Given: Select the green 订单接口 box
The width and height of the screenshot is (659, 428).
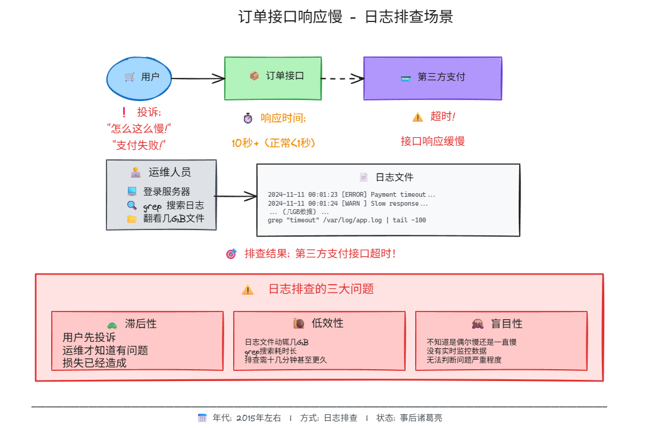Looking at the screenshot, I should point(273,78).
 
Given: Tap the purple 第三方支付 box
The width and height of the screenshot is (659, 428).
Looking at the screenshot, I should point(432,78).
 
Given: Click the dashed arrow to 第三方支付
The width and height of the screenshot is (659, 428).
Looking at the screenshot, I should point(342,78).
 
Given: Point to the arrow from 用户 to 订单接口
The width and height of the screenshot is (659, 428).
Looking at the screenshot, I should point(197,78).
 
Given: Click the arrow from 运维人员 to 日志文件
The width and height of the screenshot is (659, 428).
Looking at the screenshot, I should point(236,196).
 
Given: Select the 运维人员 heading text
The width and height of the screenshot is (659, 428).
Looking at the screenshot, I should point(170,172).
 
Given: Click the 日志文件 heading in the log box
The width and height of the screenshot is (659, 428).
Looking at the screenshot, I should point(394,177).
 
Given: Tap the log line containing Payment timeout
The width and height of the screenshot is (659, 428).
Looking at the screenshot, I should point(352,194).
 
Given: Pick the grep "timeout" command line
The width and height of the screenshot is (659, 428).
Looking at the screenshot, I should point(347,220).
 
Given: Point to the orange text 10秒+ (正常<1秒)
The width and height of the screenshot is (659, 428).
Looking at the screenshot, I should point(273,143).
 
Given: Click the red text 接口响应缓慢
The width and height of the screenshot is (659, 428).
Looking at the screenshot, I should point(432,141).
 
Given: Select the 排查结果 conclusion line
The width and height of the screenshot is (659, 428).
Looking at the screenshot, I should point(319,254).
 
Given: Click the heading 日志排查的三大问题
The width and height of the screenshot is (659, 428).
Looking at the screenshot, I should point(321,289).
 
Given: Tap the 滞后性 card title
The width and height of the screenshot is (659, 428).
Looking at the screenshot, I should point(141,324).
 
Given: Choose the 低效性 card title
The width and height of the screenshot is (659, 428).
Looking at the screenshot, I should point(327,323).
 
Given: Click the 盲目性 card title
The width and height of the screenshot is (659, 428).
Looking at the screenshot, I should point(506,324).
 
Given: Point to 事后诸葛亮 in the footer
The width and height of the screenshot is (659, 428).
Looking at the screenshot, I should point(420,418).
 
